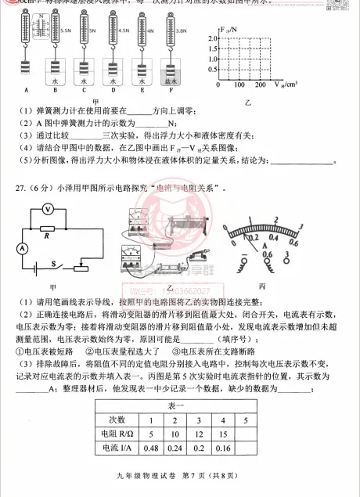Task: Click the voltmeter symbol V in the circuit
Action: coord(48,209)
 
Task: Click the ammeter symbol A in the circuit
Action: coord(23,247)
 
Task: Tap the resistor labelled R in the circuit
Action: coord(49,229)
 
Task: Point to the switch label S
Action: coord(53,262)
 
